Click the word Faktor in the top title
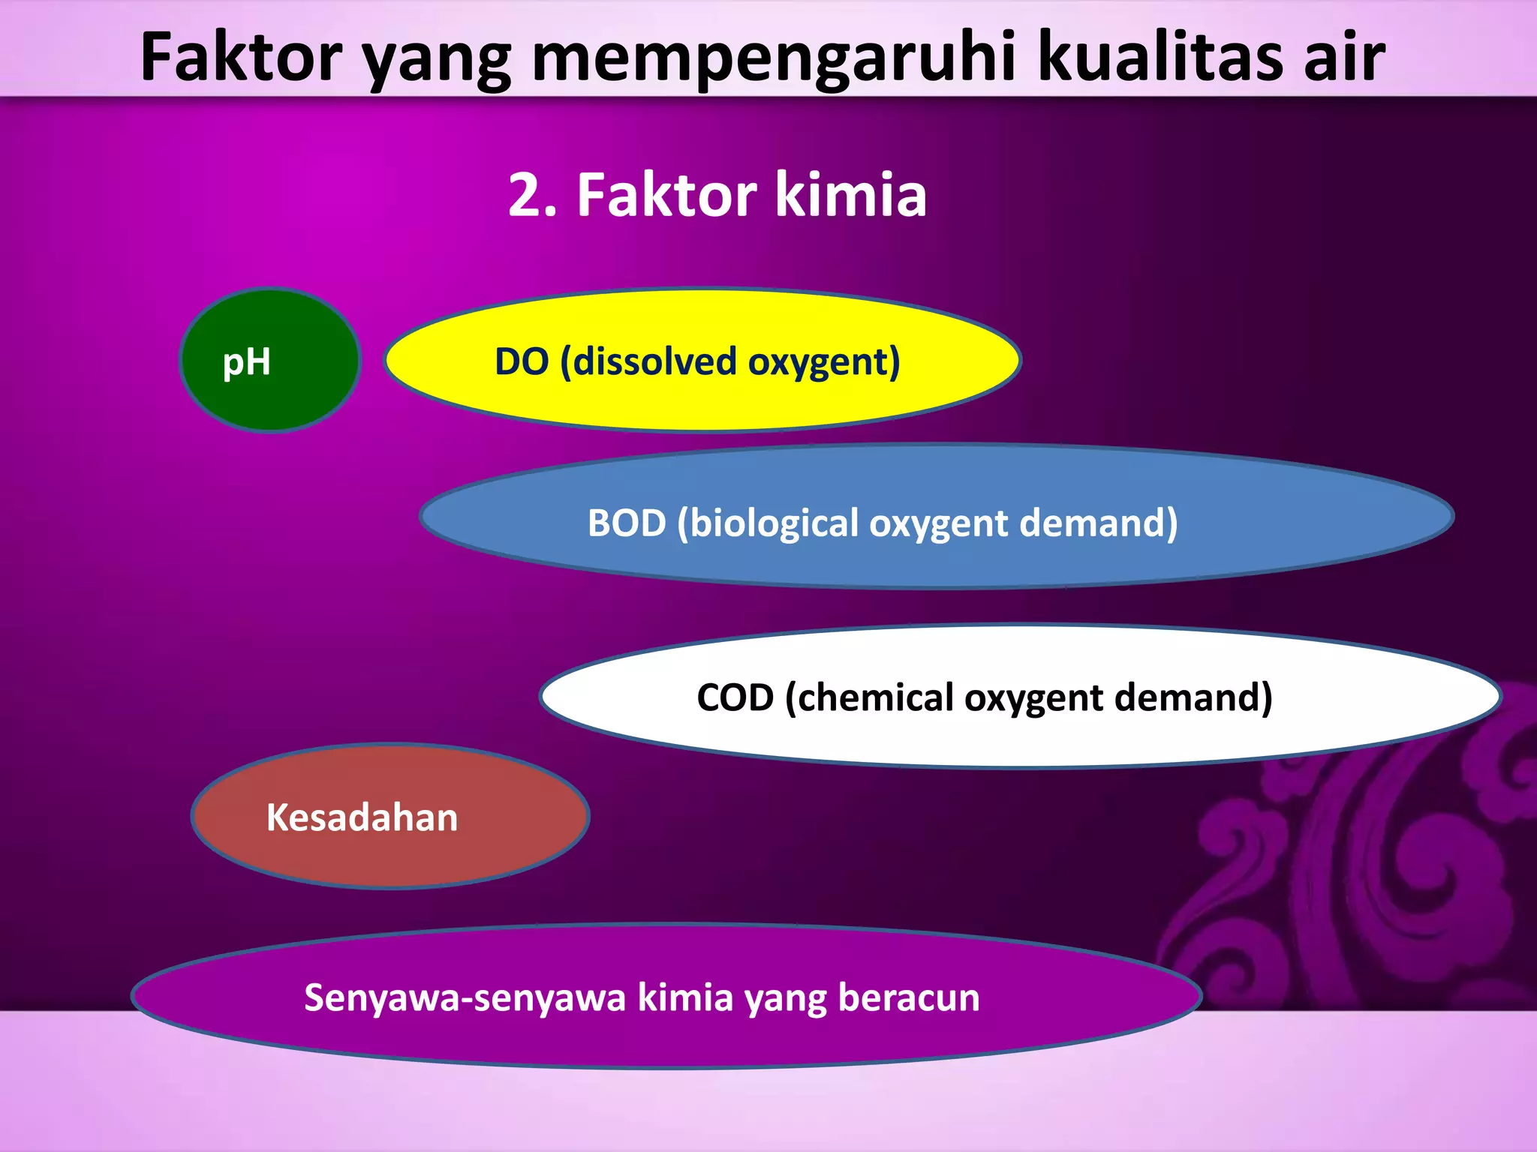[242, 58]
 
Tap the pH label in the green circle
[247, 362]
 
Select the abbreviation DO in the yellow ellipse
[522, 361]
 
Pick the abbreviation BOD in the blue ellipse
[627, 523]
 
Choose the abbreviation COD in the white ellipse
[735, 697]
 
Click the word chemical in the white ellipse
[870, 697]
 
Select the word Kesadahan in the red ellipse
[362, 817]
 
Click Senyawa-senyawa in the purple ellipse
[465, 998]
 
